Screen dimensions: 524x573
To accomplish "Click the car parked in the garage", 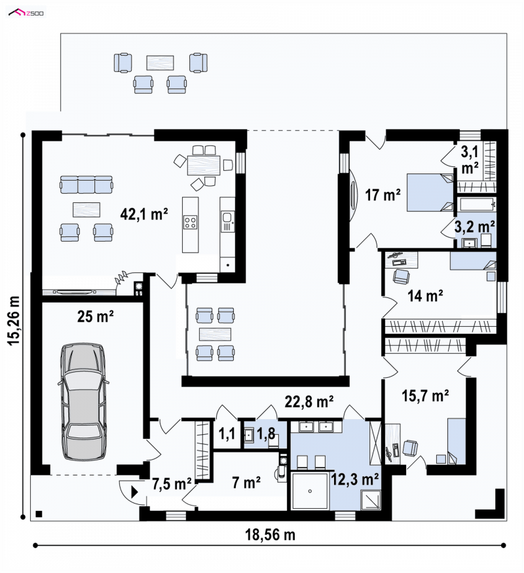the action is coord(83,401).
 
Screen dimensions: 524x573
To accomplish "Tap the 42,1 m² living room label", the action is coord(144,213).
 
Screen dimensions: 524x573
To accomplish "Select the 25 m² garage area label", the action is coord(96,316).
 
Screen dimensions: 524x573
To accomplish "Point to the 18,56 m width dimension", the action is coord(270,534).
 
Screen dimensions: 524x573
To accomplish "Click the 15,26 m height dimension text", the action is coord(14,320).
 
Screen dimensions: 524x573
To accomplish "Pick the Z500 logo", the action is coord(26,13).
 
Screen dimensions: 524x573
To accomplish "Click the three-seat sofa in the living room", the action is coord(86,184).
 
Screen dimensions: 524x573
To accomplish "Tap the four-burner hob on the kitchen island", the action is coord(190,222).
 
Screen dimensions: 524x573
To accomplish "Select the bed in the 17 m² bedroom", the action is coord(430,193).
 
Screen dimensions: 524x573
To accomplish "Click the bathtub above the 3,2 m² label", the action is coord(477,204).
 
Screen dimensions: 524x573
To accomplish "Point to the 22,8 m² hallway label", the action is coord(309,401).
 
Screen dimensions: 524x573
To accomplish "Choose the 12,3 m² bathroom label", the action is coord(354,479).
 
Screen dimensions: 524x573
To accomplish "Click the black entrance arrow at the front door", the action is coord(134,492).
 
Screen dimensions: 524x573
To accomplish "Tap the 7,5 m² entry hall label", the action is coord(172,484).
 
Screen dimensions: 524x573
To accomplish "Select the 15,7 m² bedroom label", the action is coord(425,396).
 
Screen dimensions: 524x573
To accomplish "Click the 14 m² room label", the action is coord(425,295).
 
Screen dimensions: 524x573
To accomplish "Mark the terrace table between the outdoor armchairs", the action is coord(160,62).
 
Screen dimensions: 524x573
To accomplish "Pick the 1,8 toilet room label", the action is coord(266,434).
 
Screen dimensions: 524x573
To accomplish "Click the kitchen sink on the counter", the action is coord(227,218).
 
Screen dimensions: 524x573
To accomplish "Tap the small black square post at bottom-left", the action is coord(39,514).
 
